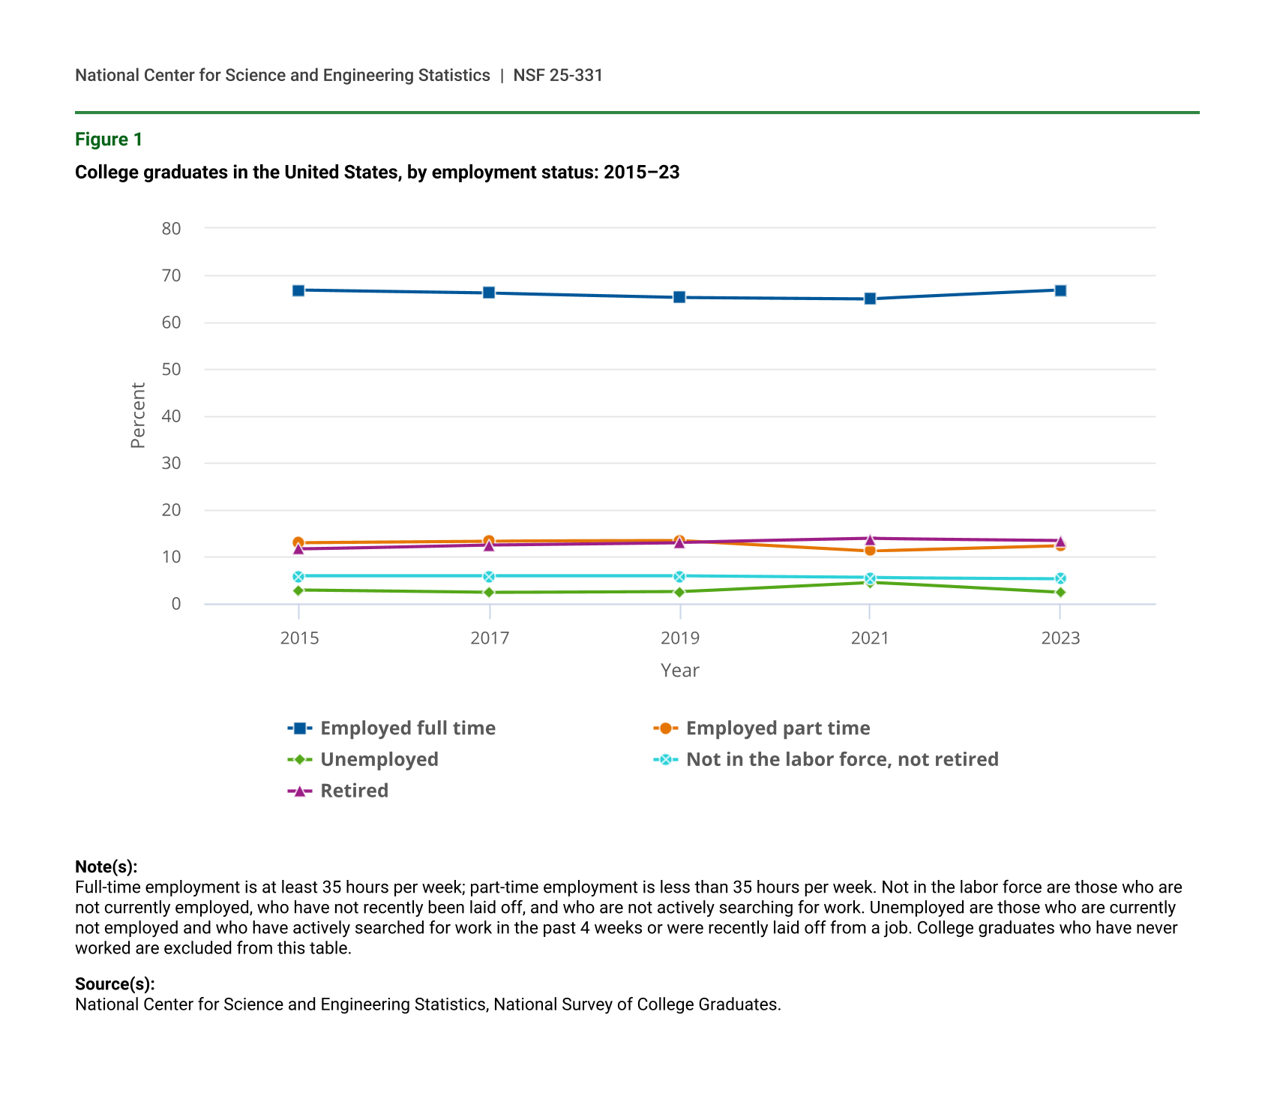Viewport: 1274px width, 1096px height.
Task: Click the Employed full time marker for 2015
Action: pyautogui.click(x=298, y=290)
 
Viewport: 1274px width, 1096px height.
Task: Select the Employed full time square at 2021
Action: pyautogui.click(x=870, y=299)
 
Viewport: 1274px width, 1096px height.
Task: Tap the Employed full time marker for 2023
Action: pyautogui.click(x=1060, y=290)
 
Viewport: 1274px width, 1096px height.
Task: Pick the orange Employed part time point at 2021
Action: pyautogui.click(x=870, y=551)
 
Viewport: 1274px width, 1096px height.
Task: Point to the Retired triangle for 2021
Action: pyautogui.click(x=870, y=539)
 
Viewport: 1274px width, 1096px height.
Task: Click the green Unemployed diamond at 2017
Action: pyautogui.click(x=489, y=592)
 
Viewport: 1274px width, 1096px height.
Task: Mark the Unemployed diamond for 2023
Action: pyautogui.click(x=1060, y=592)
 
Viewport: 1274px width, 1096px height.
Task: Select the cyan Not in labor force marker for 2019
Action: pyautogui.click(x=679, y=577)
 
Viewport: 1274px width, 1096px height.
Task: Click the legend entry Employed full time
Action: pyautogui.click(x=407, y=728)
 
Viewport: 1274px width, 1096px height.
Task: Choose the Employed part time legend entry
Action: pyautogui.click(x=778, y=728)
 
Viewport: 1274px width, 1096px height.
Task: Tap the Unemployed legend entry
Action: pyautogui.click(x=379, y=759)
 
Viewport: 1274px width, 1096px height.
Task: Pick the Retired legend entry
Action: pyautogui.click(x=354, y=791)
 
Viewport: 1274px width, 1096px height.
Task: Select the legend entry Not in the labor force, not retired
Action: pyautogui.click(x=841, y=759)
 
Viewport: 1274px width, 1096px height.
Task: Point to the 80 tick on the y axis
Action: pyautogui.click(x=172, y=229)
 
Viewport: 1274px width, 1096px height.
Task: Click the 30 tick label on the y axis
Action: pyautogui.click(x=172, y=463)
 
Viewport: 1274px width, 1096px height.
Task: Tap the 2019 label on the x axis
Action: pyautogui.click(x=679, y=638)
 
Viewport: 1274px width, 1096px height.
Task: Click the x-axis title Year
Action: pyautogui.click(x=679, y=671)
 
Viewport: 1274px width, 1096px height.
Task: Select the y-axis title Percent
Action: pyautogui.click(x=138, y=416)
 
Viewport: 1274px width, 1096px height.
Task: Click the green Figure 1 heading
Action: pyautogui.click(x=109, y=140)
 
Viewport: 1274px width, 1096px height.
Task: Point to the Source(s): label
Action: pyautogui.click(x=115, y=984)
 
